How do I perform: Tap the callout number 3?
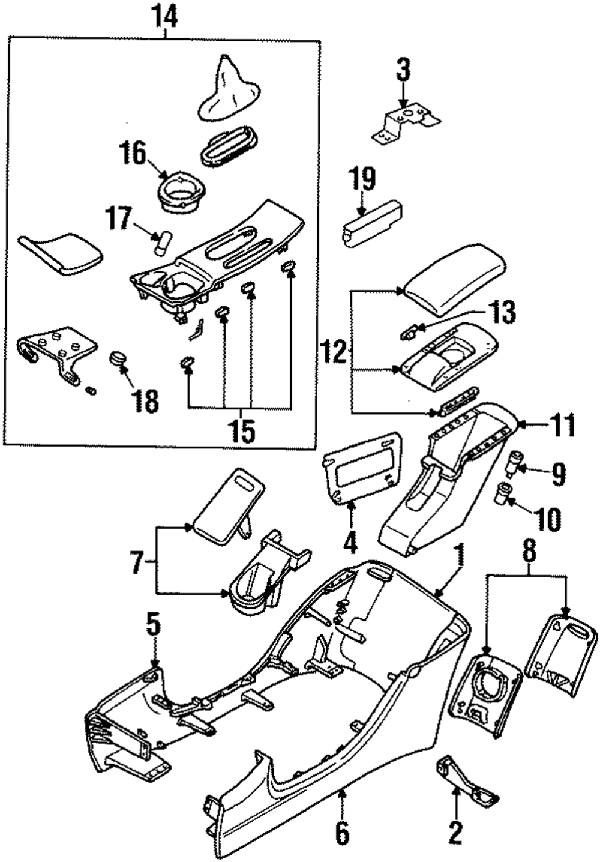[403, 70]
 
